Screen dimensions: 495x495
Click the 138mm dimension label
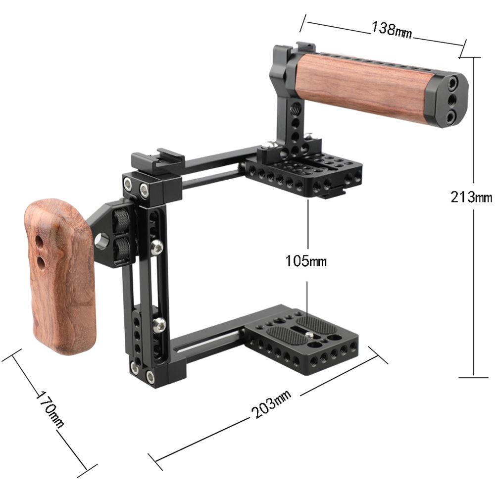pyautogui.click(x=392, y=30)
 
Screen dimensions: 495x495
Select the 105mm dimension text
pyautogui.click(x=306, y=260)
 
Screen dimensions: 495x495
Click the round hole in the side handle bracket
pyautogui.click(x=103, y=241)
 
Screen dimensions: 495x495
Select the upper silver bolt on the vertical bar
pyautogui.click(x=156, y=247)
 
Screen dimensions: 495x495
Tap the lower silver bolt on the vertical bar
pyautogui.click(x=159, y=324)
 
